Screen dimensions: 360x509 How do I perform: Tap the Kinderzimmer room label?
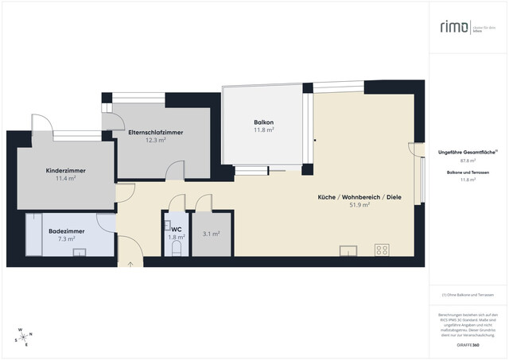pos(66,171)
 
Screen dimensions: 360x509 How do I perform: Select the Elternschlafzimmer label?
pos(155,133)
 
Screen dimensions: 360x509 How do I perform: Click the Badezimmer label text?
pos(61,230)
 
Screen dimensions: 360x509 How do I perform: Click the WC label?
pos(176,230)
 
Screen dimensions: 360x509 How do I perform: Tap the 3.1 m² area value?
pos(211,234)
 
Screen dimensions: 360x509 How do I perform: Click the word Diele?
pos(390,196)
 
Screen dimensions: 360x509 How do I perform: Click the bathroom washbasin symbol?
pos(79,253)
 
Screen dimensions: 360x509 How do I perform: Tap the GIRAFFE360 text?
pos(468,346)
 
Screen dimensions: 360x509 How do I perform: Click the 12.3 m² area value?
pos(156,141)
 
